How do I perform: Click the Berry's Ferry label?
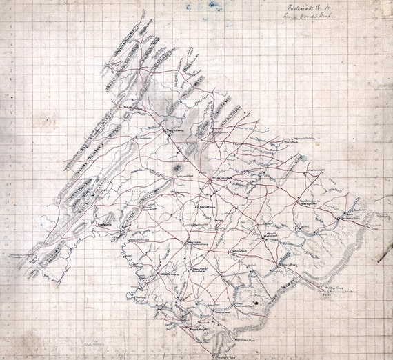coord(288,264)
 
